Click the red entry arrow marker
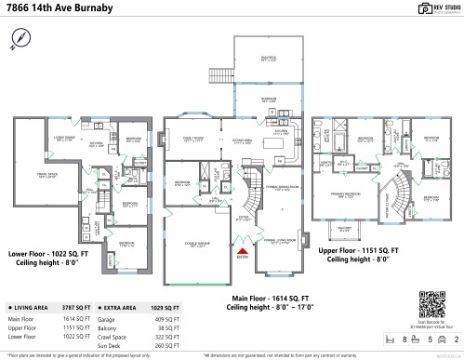[x=245, y=249]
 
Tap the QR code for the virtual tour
[x=433, y=302]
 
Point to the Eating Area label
[x=243, y=141]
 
